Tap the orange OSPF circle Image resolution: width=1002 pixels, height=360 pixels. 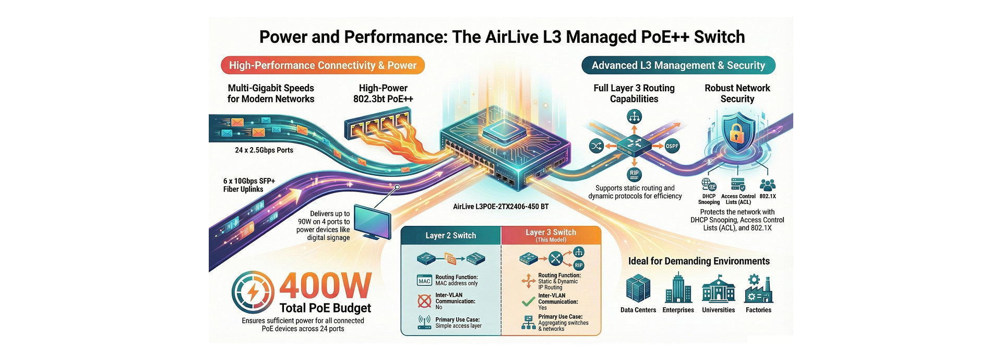672,146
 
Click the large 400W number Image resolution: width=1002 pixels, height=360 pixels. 325,286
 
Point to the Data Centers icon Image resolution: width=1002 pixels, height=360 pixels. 638,289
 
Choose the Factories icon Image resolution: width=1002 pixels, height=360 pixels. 758,289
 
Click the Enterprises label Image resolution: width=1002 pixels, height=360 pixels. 678,310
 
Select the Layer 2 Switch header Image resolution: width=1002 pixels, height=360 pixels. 450,235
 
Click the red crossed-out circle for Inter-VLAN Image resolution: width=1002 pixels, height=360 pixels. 424,301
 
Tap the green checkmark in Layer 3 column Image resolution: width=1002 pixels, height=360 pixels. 528,302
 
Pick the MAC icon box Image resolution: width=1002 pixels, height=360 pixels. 424,281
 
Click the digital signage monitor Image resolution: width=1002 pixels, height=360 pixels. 373,222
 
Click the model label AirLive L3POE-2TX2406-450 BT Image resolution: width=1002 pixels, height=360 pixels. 500,207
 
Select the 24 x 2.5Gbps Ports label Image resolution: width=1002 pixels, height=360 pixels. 264,150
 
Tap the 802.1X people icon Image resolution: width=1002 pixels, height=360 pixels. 768,185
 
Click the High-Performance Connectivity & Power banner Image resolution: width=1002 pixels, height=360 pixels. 323,65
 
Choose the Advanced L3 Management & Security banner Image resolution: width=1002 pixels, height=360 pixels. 678,65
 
